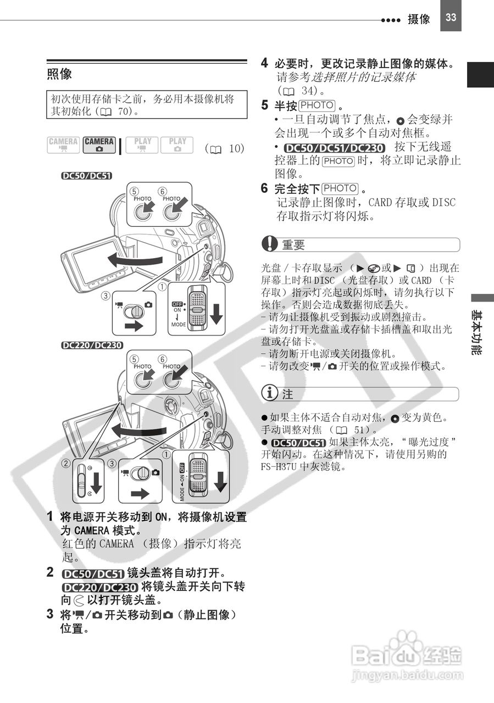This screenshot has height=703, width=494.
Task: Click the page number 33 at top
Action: coord(451,17)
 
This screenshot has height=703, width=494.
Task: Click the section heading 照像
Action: coord(59,74)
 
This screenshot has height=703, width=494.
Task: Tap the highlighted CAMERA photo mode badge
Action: coord(99,144)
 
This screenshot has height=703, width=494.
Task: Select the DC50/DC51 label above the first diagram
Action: coord(87,176)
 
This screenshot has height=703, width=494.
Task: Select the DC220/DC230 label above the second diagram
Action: coord(92,345)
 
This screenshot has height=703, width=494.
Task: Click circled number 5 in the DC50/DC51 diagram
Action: coord(135,191)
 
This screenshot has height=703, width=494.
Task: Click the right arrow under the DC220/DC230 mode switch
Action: coord(140,493)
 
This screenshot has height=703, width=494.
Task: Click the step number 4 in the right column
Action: coord(265,63)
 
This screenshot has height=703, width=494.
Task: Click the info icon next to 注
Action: coord(270,394)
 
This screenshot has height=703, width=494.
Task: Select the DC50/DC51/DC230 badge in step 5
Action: coord(335,147)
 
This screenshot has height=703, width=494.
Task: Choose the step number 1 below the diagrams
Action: coord(50,516)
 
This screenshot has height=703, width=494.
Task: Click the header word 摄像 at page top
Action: coord(419,19)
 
